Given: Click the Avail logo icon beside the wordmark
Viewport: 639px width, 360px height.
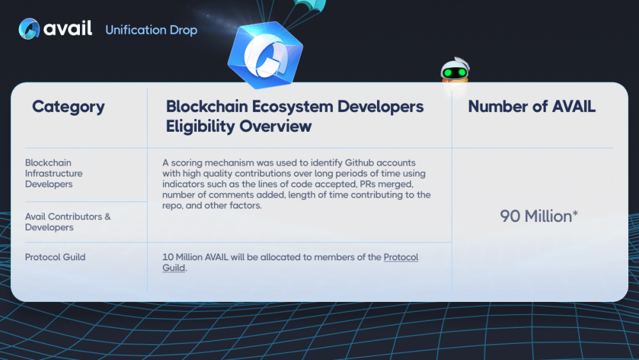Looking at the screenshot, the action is point(29,29).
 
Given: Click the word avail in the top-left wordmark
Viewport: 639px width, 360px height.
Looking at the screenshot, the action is point(68,28).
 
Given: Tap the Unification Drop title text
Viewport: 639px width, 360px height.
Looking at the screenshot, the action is point(151,30).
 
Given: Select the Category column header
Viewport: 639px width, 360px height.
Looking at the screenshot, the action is point(68,106).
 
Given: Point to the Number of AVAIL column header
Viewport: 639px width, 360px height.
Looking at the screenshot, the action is point(532,106).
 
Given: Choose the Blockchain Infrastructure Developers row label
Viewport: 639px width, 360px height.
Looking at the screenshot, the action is point(54,173).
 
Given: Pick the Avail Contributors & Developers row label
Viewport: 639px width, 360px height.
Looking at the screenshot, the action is point(68,222).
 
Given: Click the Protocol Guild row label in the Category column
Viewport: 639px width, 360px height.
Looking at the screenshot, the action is point(55,257).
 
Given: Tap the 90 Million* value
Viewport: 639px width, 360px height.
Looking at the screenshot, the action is point(539,216).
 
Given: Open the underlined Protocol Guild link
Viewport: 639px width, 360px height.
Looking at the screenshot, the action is point(290,262).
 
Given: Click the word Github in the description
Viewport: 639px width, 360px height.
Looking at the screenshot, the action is point(359,162).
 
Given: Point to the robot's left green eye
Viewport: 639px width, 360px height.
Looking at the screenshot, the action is point(448,73).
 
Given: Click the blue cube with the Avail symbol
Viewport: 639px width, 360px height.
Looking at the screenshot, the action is point(265,55).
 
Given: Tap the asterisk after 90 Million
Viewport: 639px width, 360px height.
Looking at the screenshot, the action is point(575,213).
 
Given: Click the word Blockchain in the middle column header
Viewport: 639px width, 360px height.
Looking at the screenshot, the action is point(207,106).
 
